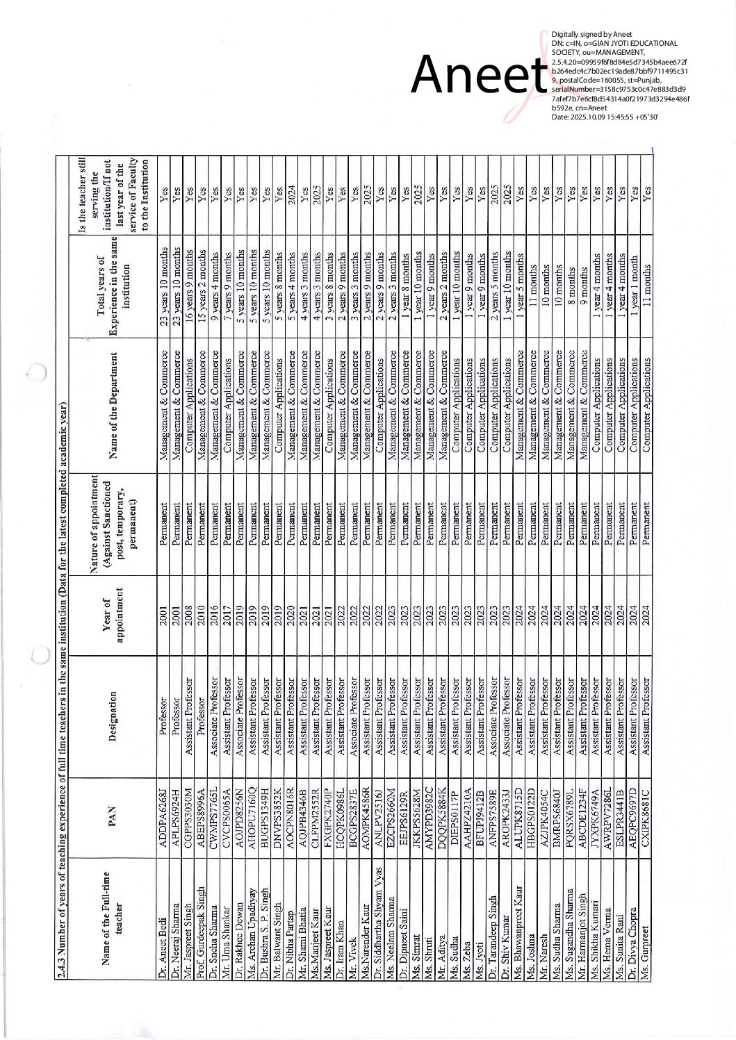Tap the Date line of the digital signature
click(605, 116)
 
